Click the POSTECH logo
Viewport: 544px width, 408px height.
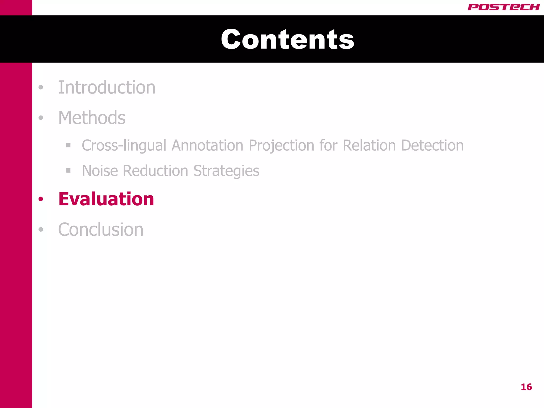(503, 7)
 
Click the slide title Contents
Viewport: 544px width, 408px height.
(287, 39)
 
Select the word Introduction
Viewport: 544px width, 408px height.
(107, 87)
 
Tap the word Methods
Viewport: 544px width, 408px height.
(92, 118)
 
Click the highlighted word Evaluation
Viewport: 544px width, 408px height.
(106, 199)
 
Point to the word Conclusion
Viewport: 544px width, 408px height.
(101, 229)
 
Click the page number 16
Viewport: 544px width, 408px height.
(526, 387)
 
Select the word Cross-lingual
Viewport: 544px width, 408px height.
(124, 146)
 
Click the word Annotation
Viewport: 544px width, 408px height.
(207, 146)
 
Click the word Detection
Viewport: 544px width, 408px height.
(432, 146)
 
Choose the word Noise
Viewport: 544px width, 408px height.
(100, 171)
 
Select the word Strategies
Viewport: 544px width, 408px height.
(226, 171)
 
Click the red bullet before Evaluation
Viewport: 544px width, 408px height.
(41, 199)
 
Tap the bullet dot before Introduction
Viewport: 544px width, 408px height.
(41, 87)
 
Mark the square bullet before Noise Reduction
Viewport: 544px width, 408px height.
(68, 171)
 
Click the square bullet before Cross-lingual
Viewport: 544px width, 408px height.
(68, 145)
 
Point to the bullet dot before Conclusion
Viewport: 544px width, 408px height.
(41, 229)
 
